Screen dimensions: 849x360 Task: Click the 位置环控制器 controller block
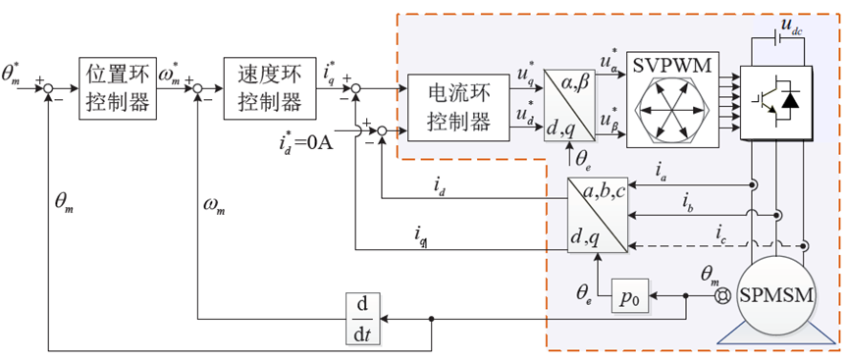point(118,87)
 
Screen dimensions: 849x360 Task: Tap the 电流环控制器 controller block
point(458,107)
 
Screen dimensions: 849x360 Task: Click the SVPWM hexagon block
point(673,99)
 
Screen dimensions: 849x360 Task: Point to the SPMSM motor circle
point(777,296)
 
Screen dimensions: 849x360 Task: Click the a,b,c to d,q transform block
point(597,215)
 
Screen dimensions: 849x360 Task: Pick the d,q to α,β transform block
point(569,105)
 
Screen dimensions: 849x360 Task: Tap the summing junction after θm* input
point(49,88)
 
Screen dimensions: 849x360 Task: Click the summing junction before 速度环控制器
point(197,88)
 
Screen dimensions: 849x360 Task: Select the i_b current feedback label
point(687,204)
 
